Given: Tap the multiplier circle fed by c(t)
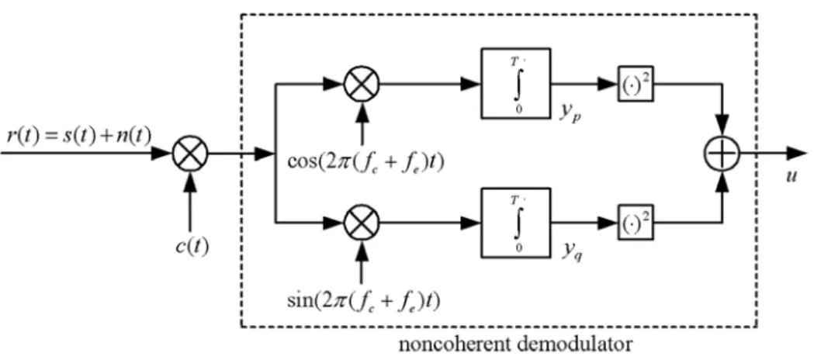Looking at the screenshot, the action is coord(190,154).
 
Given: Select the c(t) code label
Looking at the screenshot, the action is coord(192,246).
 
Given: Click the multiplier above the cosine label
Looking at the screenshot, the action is coord(362,82).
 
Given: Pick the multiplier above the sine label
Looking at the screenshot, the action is coord(362,223).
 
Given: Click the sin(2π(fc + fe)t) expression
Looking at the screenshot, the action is coord(363,300).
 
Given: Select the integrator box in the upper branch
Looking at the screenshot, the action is coord(515,84).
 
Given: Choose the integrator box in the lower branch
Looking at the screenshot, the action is coord(515,223).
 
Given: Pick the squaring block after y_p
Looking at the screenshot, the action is coord(635,83).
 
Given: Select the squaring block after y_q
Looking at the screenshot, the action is coord(635,223).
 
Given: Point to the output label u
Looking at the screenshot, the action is coord(791,178).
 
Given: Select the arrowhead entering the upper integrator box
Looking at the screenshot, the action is coord(471,83).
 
